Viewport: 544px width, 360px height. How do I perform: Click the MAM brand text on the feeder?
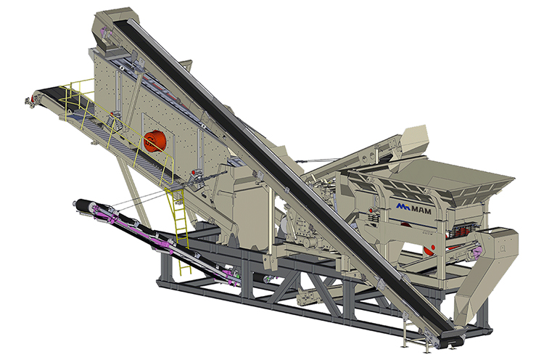pos(421,210)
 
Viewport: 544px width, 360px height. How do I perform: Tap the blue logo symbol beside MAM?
pos(403,208)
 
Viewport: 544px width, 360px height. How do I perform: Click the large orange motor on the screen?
pos(154,142)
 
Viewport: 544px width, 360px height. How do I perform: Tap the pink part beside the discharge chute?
pos(477,253)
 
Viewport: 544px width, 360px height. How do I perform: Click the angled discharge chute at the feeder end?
pos(486,274)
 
